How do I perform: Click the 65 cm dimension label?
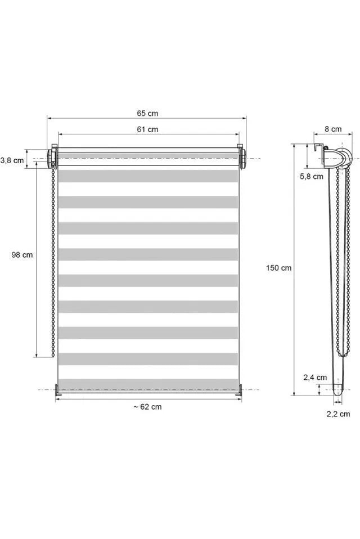coord(147,113)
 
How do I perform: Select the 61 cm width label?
coord(147,129)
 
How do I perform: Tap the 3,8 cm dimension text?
coord(12,160)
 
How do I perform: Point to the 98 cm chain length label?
coord(22,255)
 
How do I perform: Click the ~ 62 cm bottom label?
coord(147,407)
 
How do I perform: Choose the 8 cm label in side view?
coord(333,129)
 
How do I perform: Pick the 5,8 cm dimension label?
coord(312,176)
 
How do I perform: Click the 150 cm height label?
coord(278,268)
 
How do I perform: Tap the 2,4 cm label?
coord(315,378)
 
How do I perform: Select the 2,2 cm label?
coord(339,414)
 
